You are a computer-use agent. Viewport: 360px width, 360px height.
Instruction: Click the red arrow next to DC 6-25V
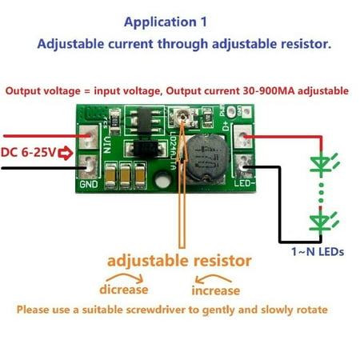click(x=61, y=151)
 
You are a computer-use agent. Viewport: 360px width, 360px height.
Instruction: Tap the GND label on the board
click(x=88, y=183)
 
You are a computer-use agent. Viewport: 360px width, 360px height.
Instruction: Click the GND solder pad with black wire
click(x=90, y=166)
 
